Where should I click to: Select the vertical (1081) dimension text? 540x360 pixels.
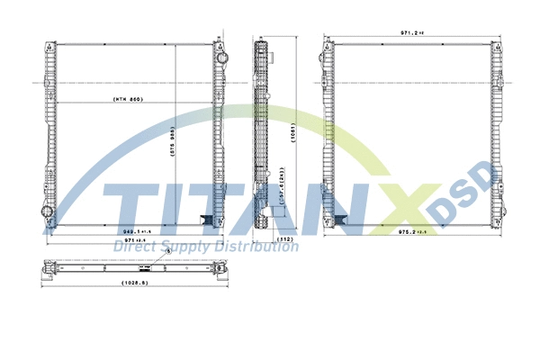point(293,136)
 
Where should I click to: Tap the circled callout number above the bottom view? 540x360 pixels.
point(167,254)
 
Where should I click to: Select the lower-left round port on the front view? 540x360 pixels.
point(48,212)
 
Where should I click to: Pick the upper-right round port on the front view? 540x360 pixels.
point(218,55)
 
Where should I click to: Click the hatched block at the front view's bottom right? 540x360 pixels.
point(205,220)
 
